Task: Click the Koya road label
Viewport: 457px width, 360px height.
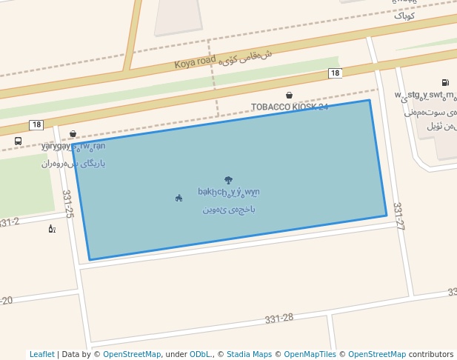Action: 195,62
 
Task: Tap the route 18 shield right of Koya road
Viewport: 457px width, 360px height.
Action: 336,73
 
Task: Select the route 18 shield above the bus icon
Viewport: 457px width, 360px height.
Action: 36,124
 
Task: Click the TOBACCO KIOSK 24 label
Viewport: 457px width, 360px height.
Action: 289,107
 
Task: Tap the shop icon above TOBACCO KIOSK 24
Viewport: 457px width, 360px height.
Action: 289,95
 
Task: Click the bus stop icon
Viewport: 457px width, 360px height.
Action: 18,141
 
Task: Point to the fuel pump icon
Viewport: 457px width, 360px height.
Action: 444,82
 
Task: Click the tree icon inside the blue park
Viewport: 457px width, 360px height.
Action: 227,180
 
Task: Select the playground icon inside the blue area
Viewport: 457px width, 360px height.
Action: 179,198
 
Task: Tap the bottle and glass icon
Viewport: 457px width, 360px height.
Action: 51,228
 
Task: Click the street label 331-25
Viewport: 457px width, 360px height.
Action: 68,204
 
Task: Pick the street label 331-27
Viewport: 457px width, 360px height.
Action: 398,216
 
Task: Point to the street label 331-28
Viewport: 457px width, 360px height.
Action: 279,319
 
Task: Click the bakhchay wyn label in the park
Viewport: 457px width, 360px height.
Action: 228,193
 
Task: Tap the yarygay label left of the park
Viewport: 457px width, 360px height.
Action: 73,146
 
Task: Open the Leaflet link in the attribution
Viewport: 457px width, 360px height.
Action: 41,354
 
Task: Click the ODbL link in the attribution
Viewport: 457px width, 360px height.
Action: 200,354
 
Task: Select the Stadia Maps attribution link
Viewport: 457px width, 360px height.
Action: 249,354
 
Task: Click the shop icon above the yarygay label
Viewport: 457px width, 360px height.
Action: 73,134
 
